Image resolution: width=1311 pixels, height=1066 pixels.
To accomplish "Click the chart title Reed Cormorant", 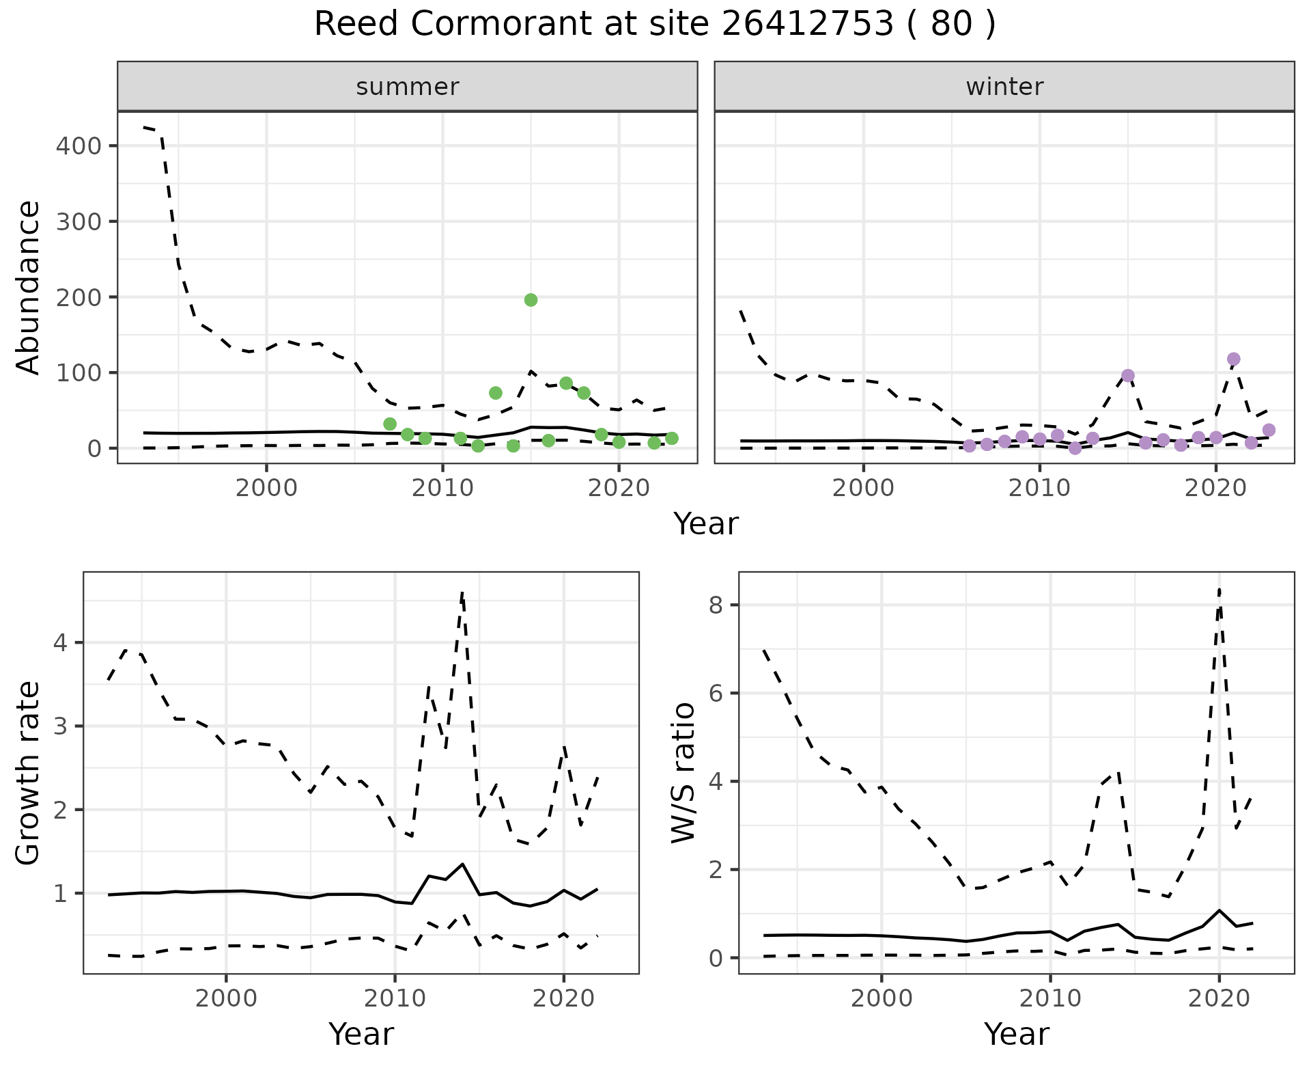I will pos(654,25).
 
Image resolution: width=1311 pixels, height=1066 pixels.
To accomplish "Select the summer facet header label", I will pos(407,87).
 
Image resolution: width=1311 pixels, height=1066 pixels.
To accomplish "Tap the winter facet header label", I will pos(1004,87).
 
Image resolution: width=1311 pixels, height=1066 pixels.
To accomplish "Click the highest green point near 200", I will pos(531,300).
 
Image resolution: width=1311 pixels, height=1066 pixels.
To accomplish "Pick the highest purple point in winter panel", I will pos(1233,359).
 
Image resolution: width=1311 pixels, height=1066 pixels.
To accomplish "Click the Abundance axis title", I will pos(28,288).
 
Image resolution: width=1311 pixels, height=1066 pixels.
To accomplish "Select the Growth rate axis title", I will pos(28,773).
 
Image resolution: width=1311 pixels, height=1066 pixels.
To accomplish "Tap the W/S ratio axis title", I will pos(683,773).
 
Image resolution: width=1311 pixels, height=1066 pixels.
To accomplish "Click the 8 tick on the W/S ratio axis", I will pos(717,605).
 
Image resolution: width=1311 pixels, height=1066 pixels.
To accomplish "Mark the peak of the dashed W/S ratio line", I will pos(1219,589).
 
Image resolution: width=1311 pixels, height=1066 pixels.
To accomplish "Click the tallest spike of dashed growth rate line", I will pos(462,592).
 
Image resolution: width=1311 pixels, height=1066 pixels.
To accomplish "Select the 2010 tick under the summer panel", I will pos(442,489).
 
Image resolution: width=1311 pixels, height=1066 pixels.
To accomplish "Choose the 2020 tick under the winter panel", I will pos(1215,489).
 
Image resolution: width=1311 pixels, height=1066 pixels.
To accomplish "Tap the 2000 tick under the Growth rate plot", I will pos(226,998).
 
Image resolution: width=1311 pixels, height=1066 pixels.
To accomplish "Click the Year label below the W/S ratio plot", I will pos(1016,1034).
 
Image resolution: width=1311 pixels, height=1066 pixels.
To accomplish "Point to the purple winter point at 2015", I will pos(1127,375).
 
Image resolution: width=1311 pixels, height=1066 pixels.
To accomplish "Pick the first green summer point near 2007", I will pos(390,424).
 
